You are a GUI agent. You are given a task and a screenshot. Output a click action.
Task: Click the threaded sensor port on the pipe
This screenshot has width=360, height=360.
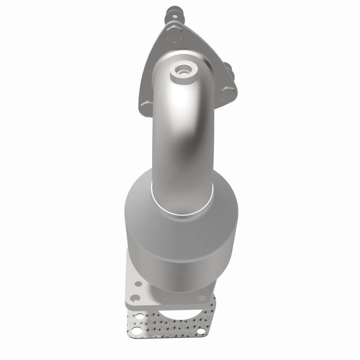[184, 70]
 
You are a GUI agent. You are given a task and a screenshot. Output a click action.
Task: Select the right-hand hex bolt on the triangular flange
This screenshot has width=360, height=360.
[228, 93]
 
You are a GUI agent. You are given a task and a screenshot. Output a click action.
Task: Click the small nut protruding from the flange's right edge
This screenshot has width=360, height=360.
[229, 68]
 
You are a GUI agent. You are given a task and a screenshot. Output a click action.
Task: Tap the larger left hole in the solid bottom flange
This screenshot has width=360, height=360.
[133, 297]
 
